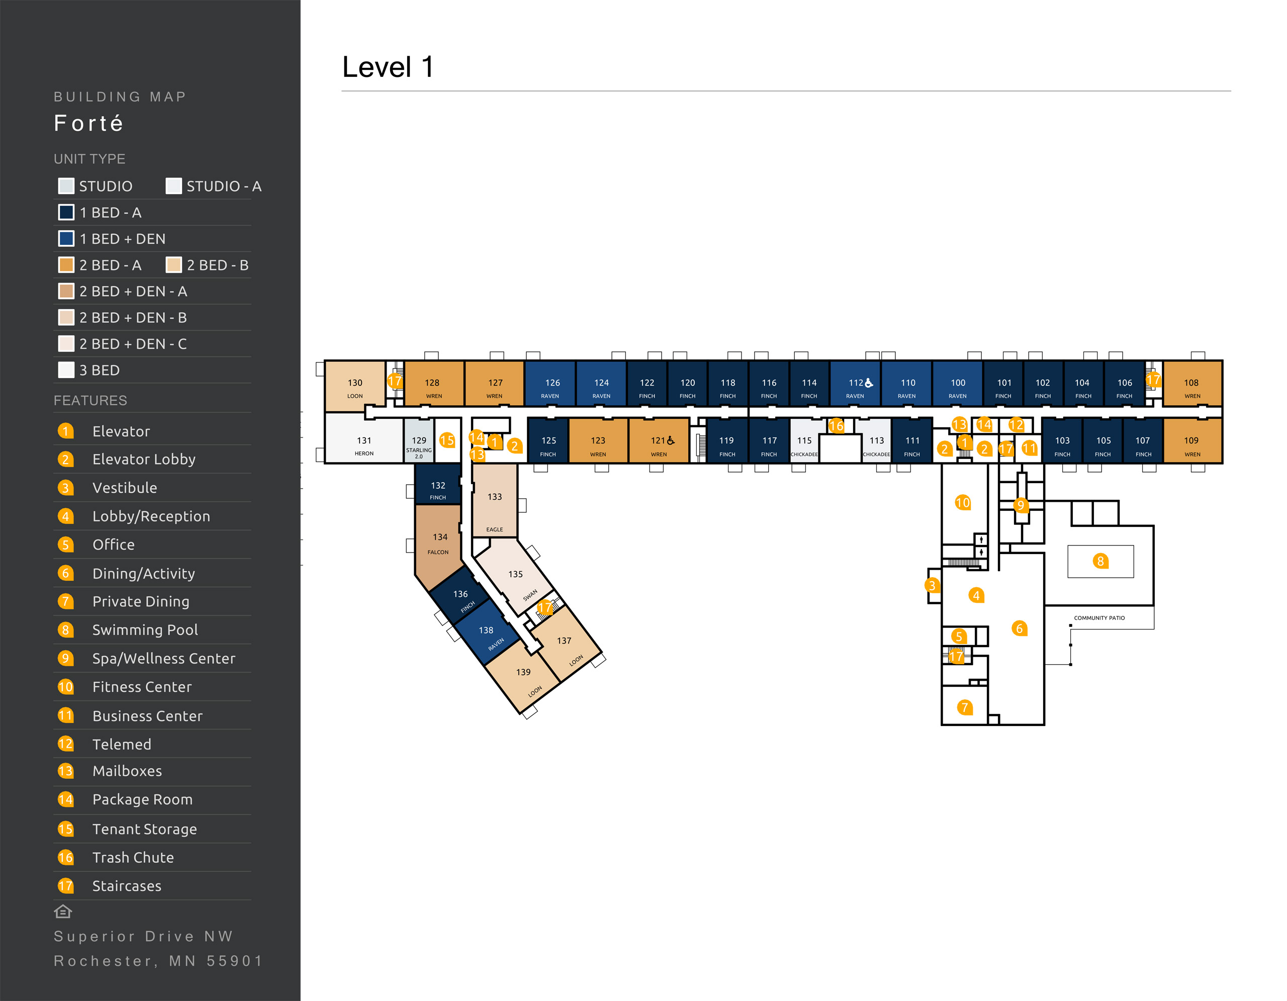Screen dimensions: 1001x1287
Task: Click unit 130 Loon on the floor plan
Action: point(355,387)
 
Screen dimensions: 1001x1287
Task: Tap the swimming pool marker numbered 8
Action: point(1099,561)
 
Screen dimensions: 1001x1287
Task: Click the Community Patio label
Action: point(1098,618)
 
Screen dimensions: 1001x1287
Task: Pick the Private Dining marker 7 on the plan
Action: point(964,707)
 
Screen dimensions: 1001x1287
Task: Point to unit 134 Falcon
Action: point(439,542)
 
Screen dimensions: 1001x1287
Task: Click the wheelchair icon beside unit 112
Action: point(869,383)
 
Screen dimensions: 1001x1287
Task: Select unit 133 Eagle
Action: point(494,501)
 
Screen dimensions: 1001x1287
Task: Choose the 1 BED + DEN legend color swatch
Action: point(66,239)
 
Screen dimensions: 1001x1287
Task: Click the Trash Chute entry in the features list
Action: point(133,857)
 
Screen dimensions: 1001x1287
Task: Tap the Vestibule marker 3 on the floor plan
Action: point(931,585)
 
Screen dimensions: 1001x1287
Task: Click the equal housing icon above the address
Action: point(63,912)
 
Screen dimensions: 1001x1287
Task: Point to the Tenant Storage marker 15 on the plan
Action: point(446,440)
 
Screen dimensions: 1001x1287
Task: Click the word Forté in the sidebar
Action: point(88,123)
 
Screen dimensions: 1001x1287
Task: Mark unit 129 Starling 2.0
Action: point(418,445)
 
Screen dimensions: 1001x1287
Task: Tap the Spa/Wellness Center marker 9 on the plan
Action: point(1021,505)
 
